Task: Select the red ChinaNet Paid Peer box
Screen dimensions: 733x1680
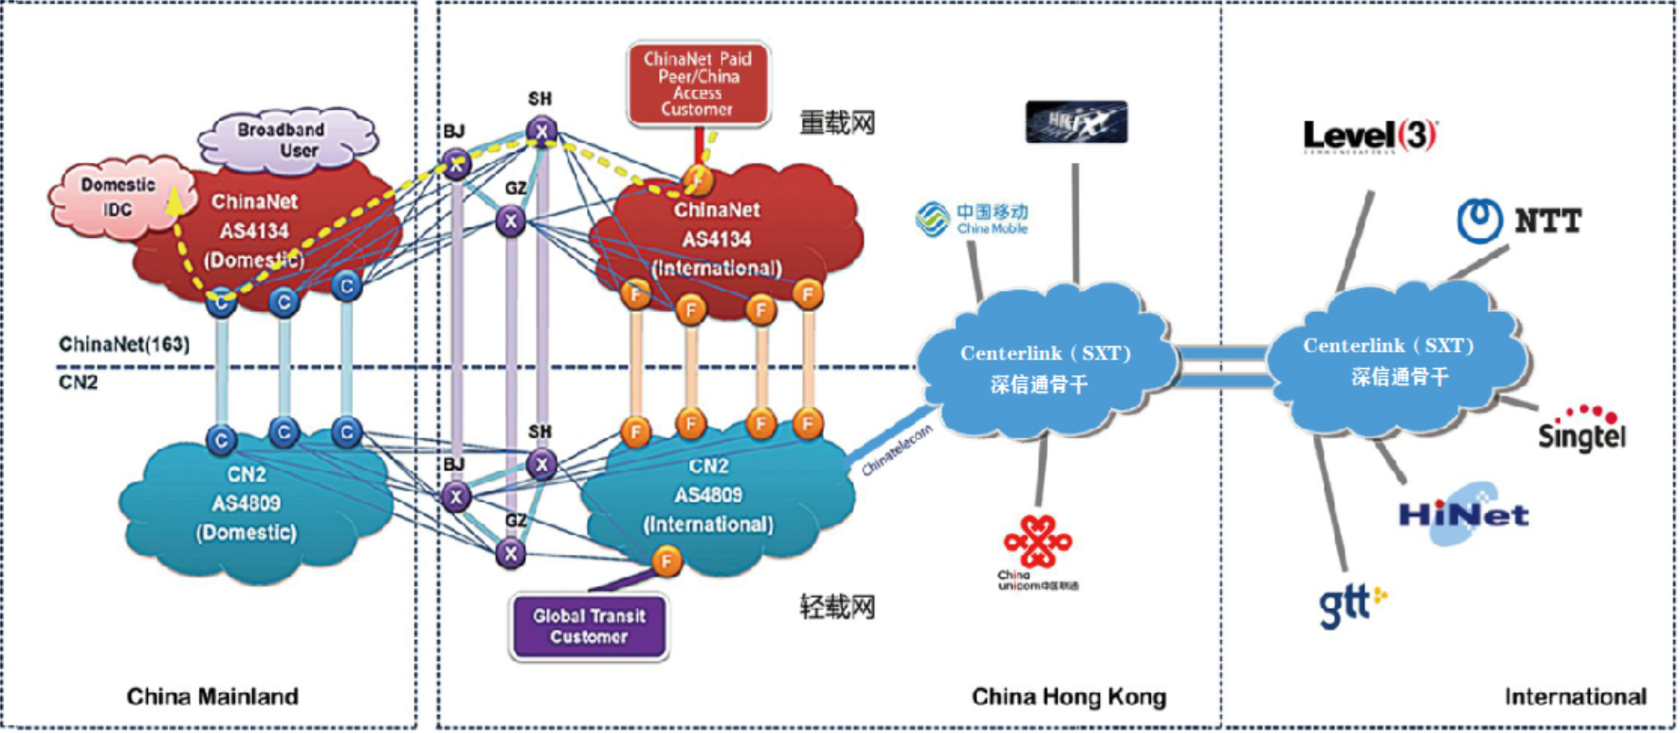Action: click(698, 83)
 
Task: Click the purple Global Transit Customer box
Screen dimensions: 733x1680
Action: click(589, 627)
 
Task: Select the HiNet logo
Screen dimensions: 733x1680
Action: click(1463, 515)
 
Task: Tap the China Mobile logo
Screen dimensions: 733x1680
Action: click(972, 219)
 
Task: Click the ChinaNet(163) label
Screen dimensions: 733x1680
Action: click(124, 344)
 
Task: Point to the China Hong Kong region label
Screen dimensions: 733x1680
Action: click(1068, 697)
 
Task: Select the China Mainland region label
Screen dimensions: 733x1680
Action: click(212, 697)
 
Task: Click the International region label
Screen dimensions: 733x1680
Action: click(1575, 697)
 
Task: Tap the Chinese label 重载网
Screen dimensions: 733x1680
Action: click(837, 123)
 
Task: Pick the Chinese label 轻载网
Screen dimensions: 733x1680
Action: click(837, 607)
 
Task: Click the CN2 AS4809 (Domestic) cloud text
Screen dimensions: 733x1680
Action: click(247, 504)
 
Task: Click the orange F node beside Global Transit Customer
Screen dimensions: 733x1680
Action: click(667, 560)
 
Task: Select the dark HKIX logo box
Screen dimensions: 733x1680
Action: click(1076, 122)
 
